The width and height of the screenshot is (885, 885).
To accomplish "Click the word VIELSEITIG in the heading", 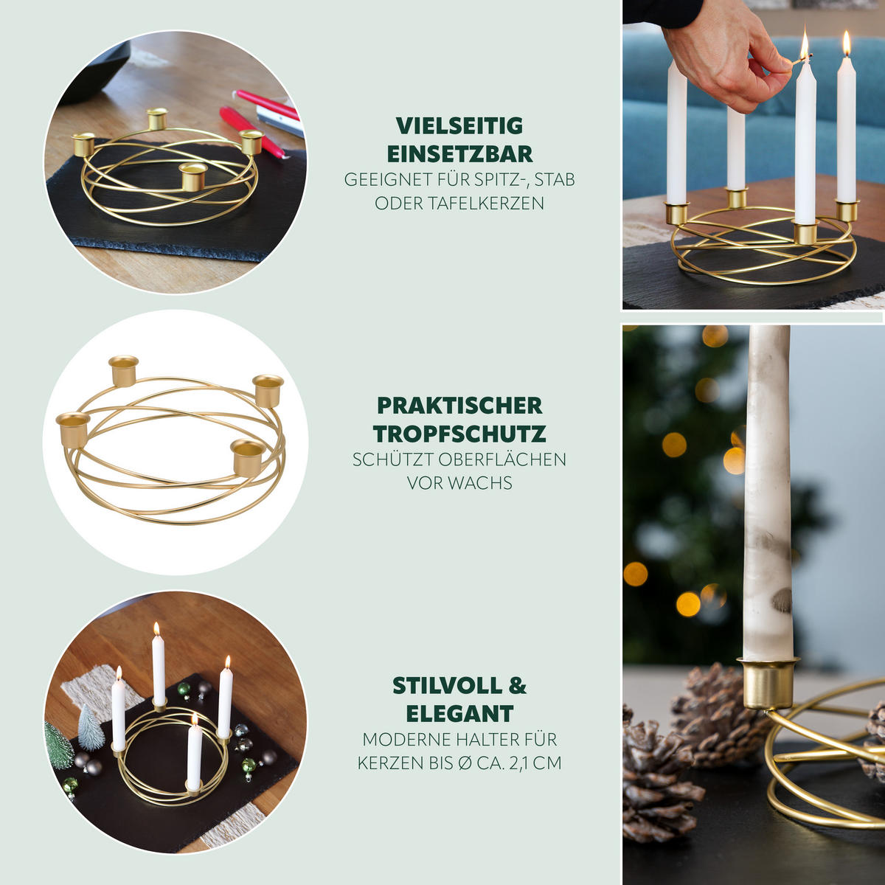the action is coord(459,126).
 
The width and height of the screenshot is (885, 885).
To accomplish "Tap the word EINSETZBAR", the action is coord(459,154).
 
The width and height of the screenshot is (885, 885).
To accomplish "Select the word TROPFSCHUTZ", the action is coord(459,434).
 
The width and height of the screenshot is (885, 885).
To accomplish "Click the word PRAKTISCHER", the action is coord(459,406).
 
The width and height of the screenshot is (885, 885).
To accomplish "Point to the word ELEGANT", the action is coord(459,714).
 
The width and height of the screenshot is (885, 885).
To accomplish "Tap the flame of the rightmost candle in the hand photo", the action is coord(847,44).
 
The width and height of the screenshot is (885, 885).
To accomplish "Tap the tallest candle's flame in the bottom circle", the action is coord(156,629).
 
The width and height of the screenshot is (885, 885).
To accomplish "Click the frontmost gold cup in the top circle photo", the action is coord(192,177).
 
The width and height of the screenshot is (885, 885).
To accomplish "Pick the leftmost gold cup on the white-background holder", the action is coord(72,429).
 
